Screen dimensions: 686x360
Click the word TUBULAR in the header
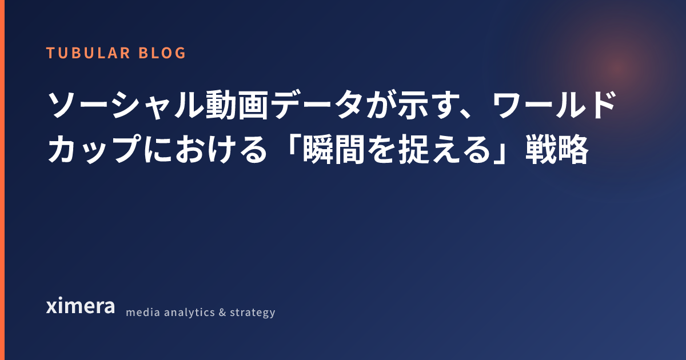[88, 53]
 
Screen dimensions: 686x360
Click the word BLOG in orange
[162, 53]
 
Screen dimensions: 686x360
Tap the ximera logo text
[81, 306]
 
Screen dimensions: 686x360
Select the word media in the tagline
[143, 312]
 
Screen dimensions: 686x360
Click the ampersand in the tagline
[222, 312]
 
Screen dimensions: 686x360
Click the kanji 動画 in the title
[237, 105]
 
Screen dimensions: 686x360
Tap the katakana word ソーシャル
[126, 105]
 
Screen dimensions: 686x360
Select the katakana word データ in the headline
[317, 105]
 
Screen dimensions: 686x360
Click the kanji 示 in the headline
[412, 105]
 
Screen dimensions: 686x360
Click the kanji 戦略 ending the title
[557, 149]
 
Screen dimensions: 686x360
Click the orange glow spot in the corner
[617, 69]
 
